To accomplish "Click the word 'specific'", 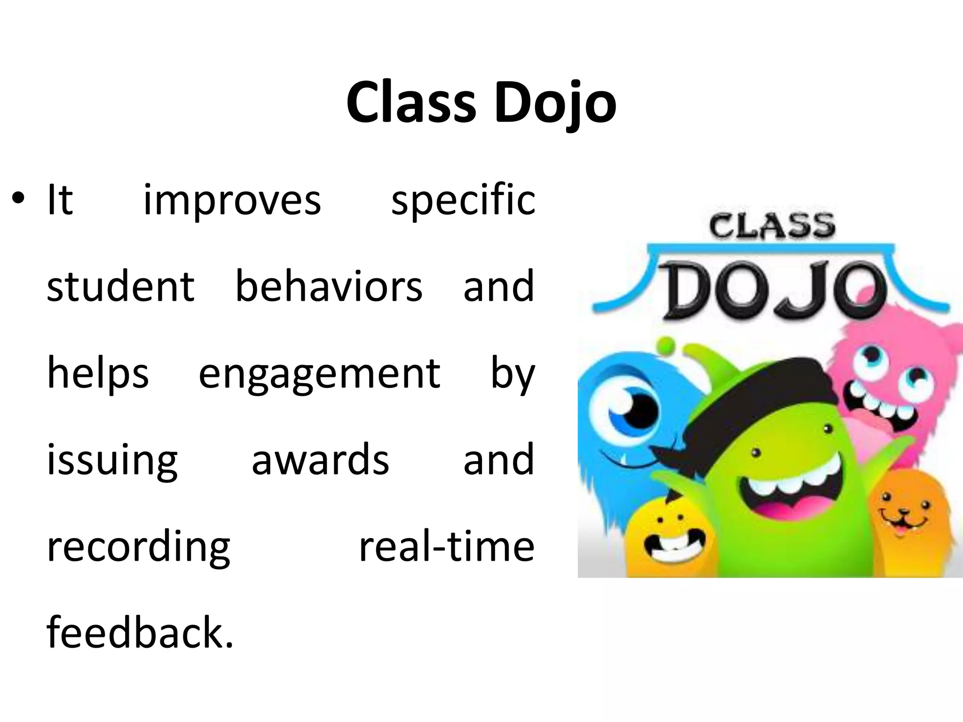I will pos(463,201).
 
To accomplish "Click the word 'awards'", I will pos(320,459).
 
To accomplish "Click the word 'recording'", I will pos(139,548).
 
